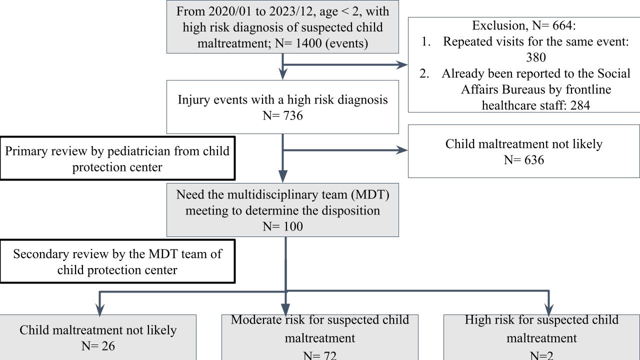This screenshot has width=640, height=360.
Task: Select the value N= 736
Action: coord(282,115)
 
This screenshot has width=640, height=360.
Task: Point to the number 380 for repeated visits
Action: coord(536,57)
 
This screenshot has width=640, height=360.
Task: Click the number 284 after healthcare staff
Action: coord(580,105)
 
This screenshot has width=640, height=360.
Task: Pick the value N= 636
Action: coord(524,160)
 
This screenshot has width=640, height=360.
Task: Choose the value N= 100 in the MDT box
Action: coord(282,226)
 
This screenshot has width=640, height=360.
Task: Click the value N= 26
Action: coord(98,346)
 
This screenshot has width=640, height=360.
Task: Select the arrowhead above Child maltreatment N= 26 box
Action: coord(99,310)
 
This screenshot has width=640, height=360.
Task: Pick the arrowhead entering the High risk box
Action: coord(549,310)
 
